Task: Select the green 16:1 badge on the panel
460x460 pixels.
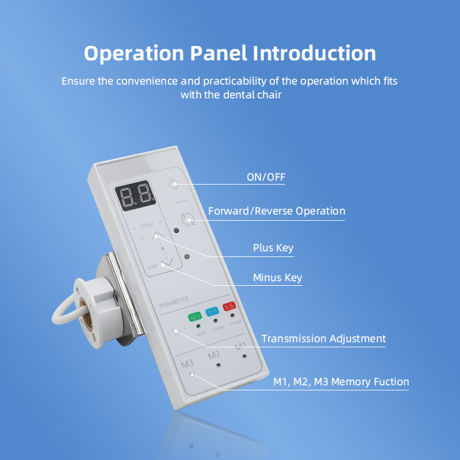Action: pos(194,316)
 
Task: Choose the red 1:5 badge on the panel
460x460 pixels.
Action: pos(230,307)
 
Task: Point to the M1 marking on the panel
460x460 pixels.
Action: pos(240,346)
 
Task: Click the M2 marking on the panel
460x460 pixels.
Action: pos(214,355)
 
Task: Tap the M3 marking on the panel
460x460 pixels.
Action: pos(187,364)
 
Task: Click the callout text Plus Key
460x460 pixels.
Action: pos(273,248)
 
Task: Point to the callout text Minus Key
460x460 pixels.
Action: pos(277,278)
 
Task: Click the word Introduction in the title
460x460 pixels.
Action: pos(315,53)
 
